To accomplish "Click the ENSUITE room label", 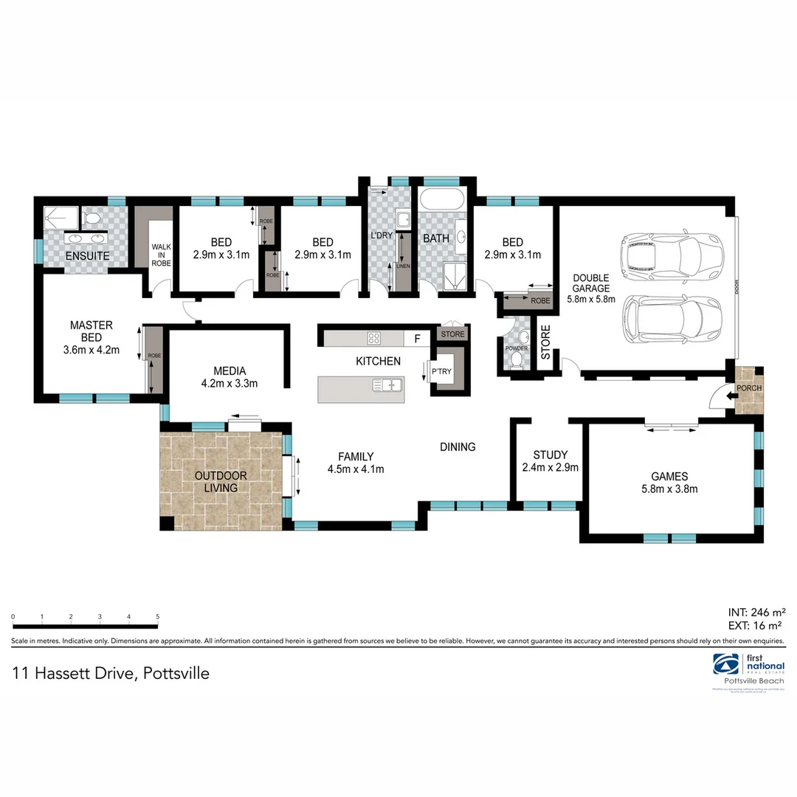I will (87, 255).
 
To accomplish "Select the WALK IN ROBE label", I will (161, 255).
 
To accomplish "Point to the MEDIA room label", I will (229, 370).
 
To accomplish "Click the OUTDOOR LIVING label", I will (221, 481).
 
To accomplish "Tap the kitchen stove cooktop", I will (374, 339).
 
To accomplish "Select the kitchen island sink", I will (387, 384).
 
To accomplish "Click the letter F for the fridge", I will (417, 339).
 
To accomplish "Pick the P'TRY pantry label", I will (442, 371).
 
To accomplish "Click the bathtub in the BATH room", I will (442, 199).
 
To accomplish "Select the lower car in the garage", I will (670, 320).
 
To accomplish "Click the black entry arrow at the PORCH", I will (731, 396).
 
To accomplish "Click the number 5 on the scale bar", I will (157, 616).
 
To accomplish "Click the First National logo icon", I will (725, 665).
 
